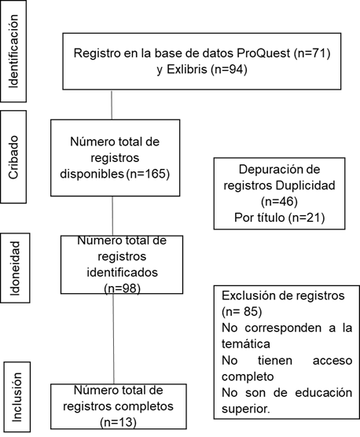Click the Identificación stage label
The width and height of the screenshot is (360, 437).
[x=13, y=51]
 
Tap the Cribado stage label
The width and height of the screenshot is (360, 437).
[x=13, y=157]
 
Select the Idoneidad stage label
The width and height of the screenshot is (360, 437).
[x=14, y=268]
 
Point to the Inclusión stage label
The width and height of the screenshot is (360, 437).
[x=17, y=397]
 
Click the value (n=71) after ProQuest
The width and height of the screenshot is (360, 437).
[x=312, y=53]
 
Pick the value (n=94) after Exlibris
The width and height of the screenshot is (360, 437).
[x=229, y=69]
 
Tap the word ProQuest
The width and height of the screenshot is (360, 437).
[x=263, y=53]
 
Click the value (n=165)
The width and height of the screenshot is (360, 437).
[x=148, y=174]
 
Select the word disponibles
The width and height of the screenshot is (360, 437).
[x=92, y=174]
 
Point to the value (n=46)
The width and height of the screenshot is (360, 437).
[x=279, y=201]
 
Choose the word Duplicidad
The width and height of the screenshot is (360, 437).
[x=306, y=185]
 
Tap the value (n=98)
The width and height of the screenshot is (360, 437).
[x=122, y=288]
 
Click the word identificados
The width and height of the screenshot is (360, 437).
[x=123, y=272]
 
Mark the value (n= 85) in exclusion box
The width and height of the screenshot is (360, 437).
[x=242, y=311]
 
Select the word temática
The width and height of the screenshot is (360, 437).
[x=246, y=344]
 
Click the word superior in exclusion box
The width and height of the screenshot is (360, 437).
[x=244, y=409]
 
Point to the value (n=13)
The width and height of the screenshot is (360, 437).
[x=118, y=423]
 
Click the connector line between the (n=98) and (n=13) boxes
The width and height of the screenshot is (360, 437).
[x=113, y=339]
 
